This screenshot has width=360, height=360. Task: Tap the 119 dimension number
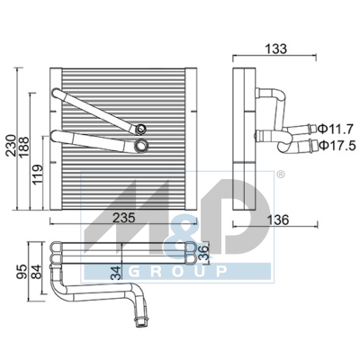38,174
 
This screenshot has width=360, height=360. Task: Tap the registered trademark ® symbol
280,174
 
